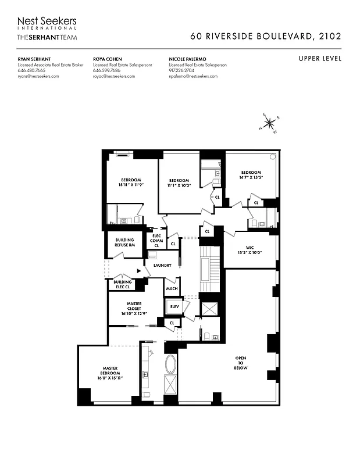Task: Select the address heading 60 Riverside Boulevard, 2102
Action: click(266, 36)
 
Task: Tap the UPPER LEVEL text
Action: click(320, 59)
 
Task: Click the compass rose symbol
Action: click(270, 123)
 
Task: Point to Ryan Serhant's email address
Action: click(38, 76)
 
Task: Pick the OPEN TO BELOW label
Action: click(241, 363)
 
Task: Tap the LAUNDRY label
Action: click(162, 266)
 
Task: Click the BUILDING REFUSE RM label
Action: click(124, 242)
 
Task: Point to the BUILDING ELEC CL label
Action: click(122, 284)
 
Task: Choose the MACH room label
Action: click(172, 288)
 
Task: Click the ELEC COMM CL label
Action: click(156, 241)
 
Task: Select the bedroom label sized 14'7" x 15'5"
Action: click(251, 176)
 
